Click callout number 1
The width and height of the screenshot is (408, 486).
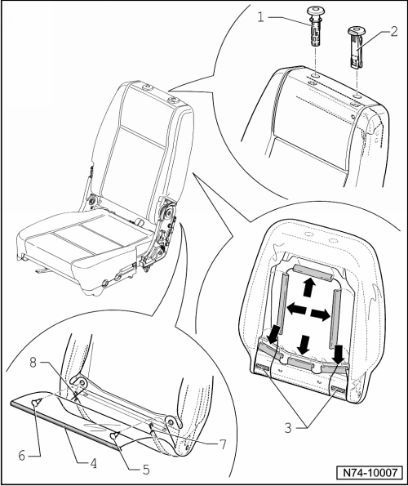pos(260,17)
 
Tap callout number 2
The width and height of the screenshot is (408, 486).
pos(394,32)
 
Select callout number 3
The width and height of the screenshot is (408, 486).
pos(288,428)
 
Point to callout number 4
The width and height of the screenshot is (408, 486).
pos(93,463)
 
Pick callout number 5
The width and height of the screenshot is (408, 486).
pos(146,470)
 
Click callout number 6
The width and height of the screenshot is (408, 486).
pos(22,456)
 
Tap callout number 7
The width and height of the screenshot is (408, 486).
pos(223,444)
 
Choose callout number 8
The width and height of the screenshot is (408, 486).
pos(33,362)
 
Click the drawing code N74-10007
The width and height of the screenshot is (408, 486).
pos(370,472)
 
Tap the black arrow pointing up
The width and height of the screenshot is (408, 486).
pos(308,287)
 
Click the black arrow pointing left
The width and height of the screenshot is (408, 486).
pos(296,309)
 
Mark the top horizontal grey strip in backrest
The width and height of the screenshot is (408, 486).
pos(313,271)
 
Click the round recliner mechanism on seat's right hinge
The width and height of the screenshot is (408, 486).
pos(169,212)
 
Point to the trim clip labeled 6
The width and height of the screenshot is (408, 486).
pos(36,402)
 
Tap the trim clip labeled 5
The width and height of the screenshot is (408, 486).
pos(115,435)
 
